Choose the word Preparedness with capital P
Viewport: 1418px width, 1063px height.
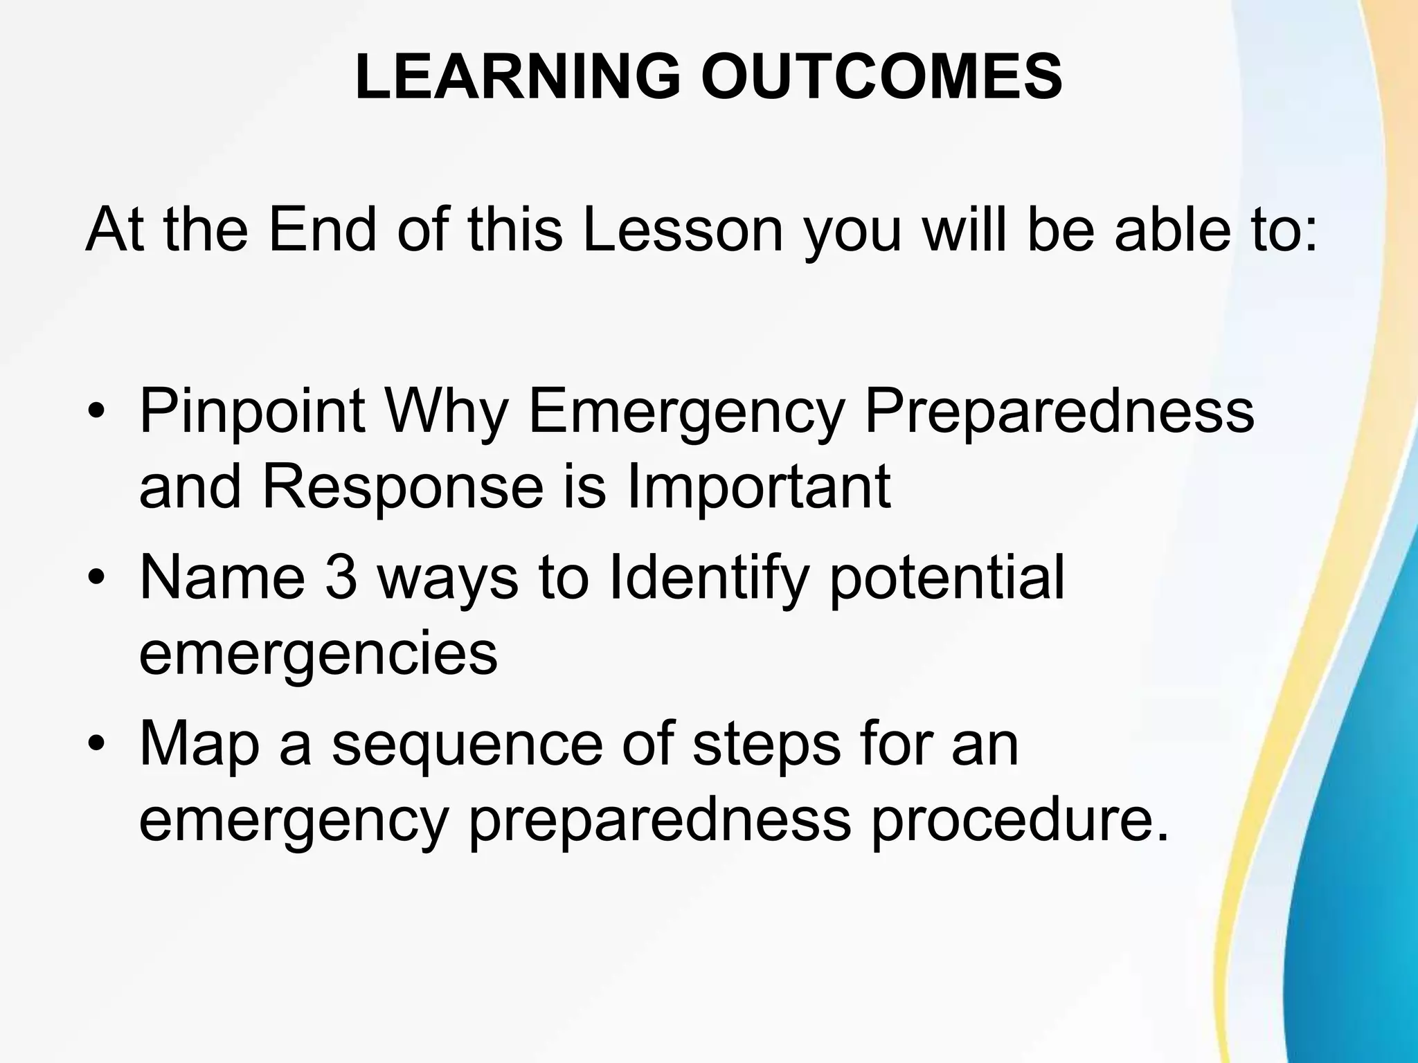point(1059,412)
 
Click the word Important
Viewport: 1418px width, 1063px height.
point(758,489)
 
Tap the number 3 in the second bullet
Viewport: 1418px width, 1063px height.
point(341,578)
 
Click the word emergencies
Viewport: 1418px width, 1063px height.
point(318,655)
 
